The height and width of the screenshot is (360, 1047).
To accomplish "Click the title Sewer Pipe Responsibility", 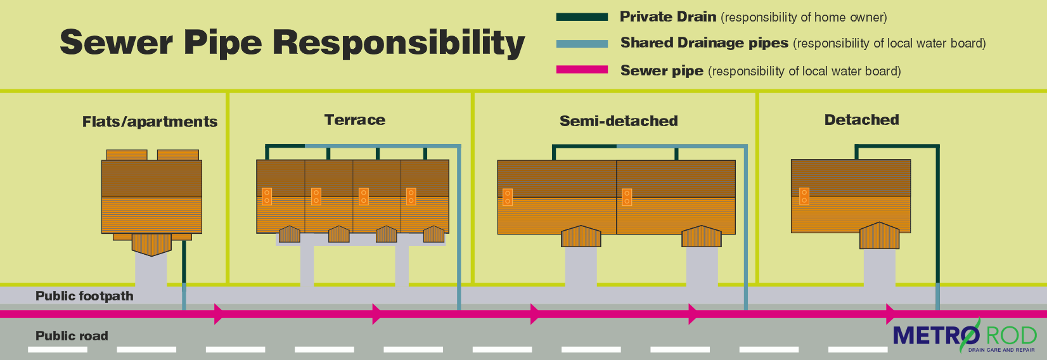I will pos(292,43).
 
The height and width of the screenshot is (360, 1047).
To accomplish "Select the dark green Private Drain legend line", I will pos(582,17).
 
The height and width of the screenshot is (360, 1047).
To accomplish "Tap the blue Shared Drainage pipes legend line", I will pos(582,44).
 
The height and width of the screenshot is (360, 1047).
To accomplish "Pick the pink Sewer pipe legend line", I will pos(582,70).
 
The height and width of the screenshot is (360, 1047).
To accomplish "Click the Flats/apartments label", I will pos(150,122).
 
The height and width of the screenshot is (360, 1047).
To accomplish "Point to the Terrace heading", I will pos(354,120).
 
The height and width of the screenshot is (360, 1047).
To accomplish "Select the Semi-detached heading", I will pos(619,121).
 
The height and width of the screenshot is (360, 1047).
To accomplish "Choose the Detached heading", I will pos(861,120).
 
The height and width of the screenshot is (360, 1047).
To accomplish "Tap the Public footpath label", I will pos(84,296).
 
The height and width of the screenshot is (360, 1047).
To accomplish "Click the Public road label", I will pos(72,336).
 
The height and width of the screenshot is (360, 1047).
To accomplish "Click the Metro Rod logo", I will pos(965,336).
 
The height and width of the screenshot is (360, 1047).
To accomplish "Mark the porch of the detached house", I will pos(879,236).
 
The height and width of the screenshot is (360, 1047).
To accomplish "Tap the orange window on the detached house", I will pos(804,196).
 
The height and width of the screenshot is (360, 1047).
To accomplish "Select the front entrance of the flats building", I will pos(151,244).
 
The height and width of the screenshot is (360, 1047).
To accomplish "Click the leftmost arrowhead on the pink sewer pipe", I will pos(218,314).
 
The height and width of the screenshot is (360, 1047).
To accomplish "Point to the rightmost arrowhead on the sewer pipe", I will pos(890,314).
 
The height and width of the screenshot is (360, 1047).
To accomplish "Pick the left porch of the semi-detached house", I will pos(581,236).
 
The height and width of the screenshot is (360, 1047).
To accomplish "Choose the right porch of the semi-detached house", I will pos(701,236).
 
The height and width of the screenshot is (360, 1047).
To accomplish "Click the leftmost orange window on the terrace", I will pos(267,196).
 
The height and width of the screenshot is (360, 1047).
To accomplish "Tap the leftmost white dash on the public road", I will pos(58,349).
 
